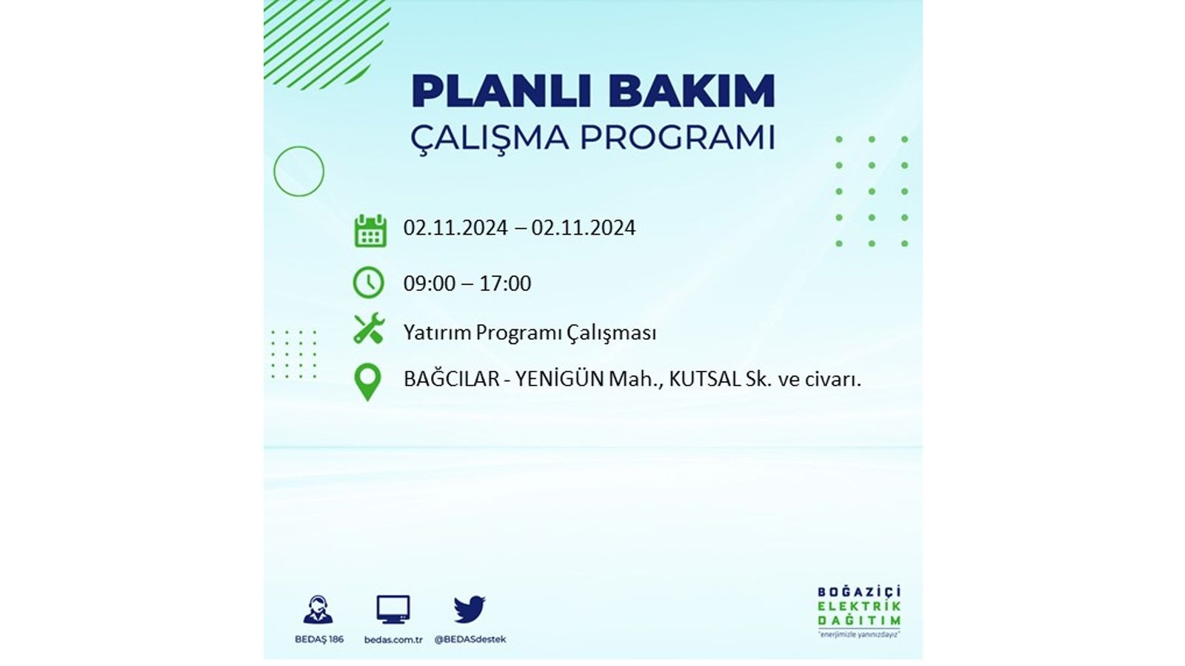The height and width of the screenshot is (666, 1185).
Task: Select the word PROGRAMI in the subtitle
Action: point(678,138)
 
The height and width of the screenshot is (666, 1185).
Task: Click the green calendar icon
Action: point(370,230)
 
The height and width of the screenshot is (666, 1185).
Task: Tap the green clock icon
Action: point(369,283)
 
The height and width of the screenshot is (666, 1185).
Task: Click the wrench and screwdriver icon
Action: point(369,329)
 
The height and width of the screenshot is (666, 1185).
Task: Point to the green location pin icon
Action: point(367,382)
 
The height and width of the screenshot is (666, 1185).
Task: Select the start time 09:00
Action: point(429,283)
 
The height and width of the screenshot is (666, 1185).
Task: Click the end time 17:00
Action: point(505,283)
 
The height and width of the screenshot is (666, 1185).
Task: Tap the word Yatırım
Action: point(437,333)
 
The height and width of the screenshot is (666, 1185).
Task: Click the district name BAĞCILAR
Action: point(451,378)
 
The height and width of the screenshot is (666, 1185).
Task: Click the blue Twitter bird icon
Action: point(470,609)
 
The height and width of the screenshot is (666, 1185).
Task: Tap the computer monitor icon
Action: point(393,610)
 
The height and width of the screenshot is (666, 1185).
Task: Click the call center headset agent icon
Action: point(318,610)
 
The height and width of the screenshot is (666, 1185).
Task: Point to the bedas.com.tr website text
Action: point(393,639)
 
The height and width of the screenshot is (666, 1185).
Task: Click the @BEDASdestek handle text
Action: point(470,639)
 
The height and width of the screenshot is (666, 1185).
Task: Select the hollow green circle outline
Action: point(274,171)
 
